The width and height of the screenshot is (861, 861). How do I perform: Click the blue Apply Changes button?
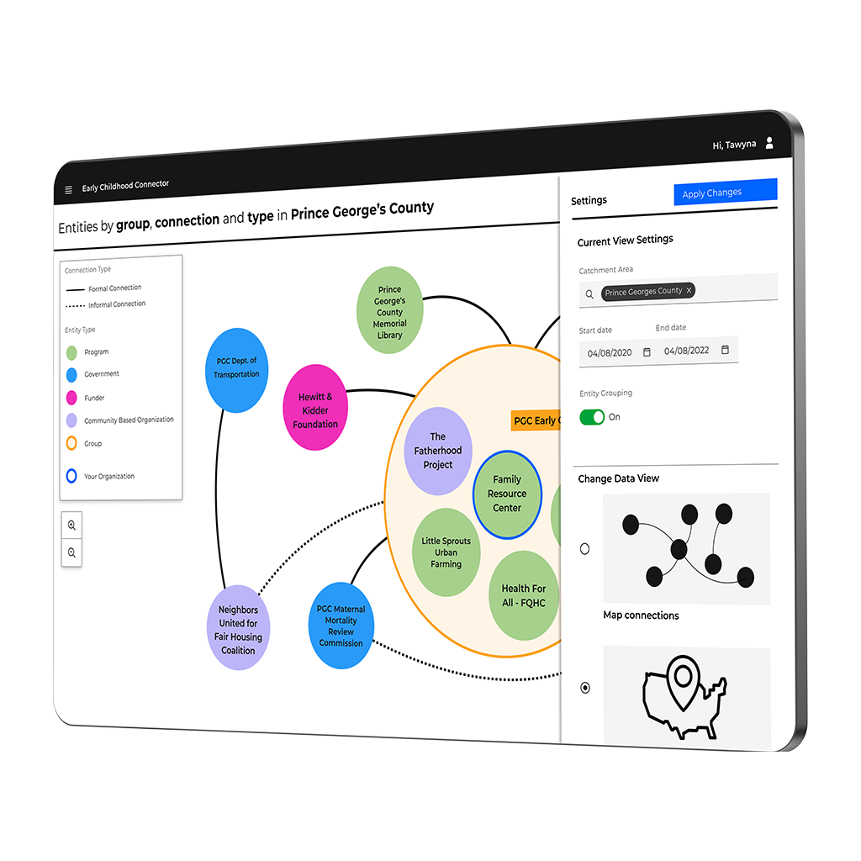coord(725,193)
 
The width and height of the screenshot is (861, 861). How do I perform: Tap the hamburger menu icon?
coord(69,190)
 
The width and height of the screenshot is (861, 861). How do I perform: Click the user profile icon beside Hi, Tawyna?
coord(769,144)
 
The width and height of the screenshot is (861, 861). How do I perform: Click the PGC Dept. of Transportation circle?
coord(236,370)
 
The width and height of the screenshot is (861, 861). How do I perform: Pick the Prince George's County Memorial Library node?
coord(389,310)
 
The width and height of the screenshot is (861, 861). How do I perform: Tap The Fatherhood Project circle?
coord(438,451)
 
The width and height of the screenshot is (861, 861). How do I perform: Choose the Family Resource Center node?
coord(507,494)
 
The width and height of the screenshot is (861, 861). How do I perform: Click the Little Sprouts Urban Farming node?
coord(446,552)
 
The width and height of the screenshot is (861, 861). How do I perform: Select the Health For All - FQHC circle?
coord(523,595)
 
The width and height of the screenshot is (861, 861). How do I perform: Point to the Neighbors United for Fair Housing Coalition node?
coord(239,627)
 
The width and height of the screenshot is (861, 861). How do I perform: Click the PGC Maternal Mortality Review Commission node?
coord(341,626)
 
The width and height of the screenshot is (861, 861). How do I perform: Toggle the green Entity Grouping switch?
coord(592,417)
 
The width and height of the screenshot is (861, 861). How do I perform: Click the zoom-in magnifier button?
coord(71,525)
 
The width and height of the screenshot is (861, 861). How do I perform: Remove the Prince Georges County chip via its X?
coord(689,291)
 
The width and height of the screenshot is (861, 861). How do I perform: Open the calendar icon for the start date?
coord(647,352)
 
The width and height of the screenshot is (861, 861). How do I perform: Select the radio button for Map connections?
coord(585,549)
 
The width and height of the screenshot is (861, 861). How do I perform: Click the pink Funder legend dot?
coord(71,397)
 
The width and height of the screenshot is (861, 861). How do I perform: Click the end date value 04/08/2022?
coord(686,351)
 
